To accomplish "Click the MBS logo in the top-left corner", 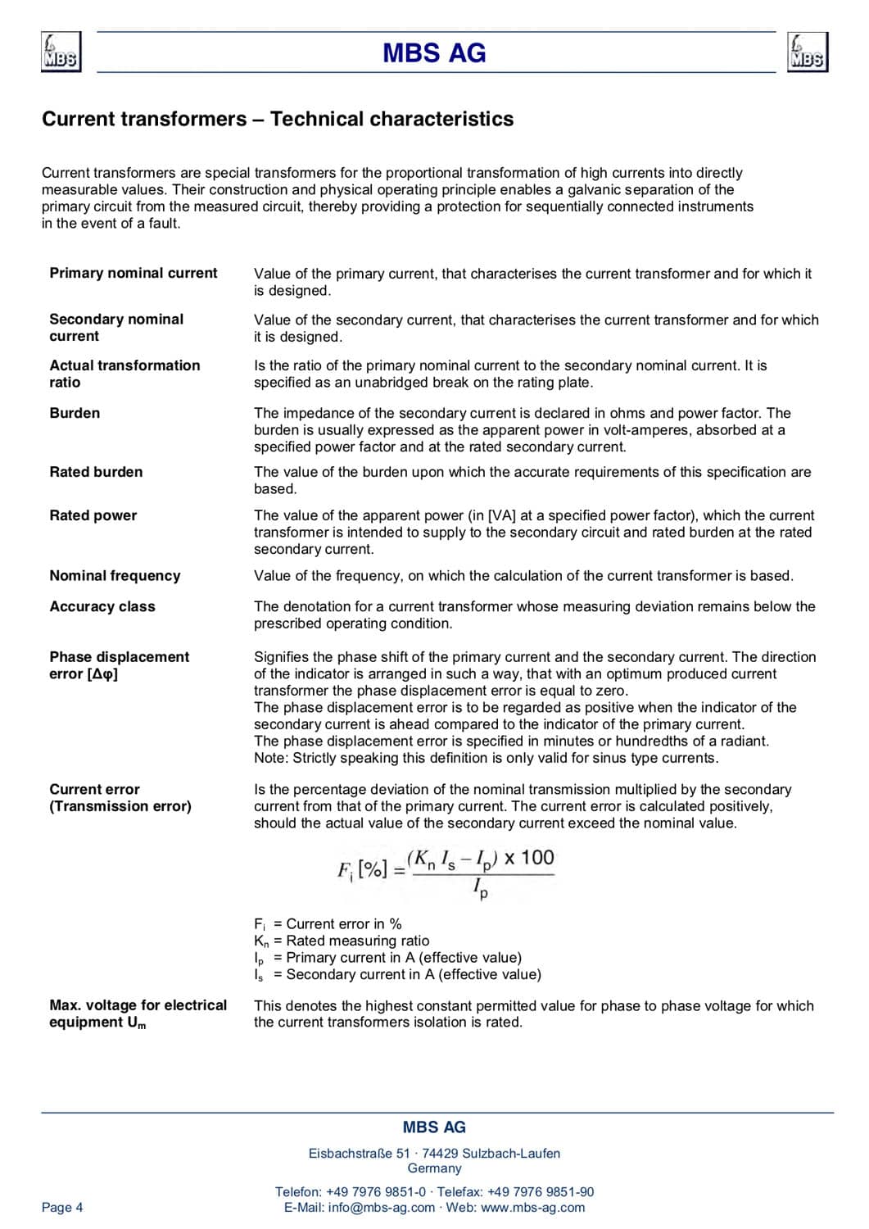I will (61, 52).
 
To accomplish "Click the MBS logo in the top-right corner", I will (808, 52).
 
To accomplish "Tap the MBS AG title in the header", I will (434, 53).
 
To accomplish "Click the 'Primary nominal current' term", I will (134, 273).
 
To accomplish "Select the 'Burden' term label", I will (75, 413).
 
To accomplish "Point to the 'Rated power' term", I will (93, 515).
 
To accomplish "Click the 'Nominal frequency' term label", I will (115, 575).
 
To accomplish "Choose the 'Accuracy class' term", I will (102, 606).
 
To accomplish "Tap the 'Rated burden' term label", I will (96, 472).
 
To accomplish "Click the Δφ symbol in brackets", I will (102, 674).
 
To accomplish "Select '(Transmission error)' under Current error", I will (120, 806).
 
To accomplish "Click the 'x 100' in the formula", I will (529, 858).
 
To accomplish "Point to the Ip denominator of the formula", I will (481, 887).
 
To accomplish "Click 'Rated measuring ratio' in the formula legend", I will (358, 941).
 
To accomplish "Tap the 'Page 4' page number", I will (62, 1207).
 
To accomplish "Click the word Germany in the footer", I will (434, 1168).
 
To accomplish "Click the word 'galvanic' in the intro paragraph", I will (595, 189).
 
